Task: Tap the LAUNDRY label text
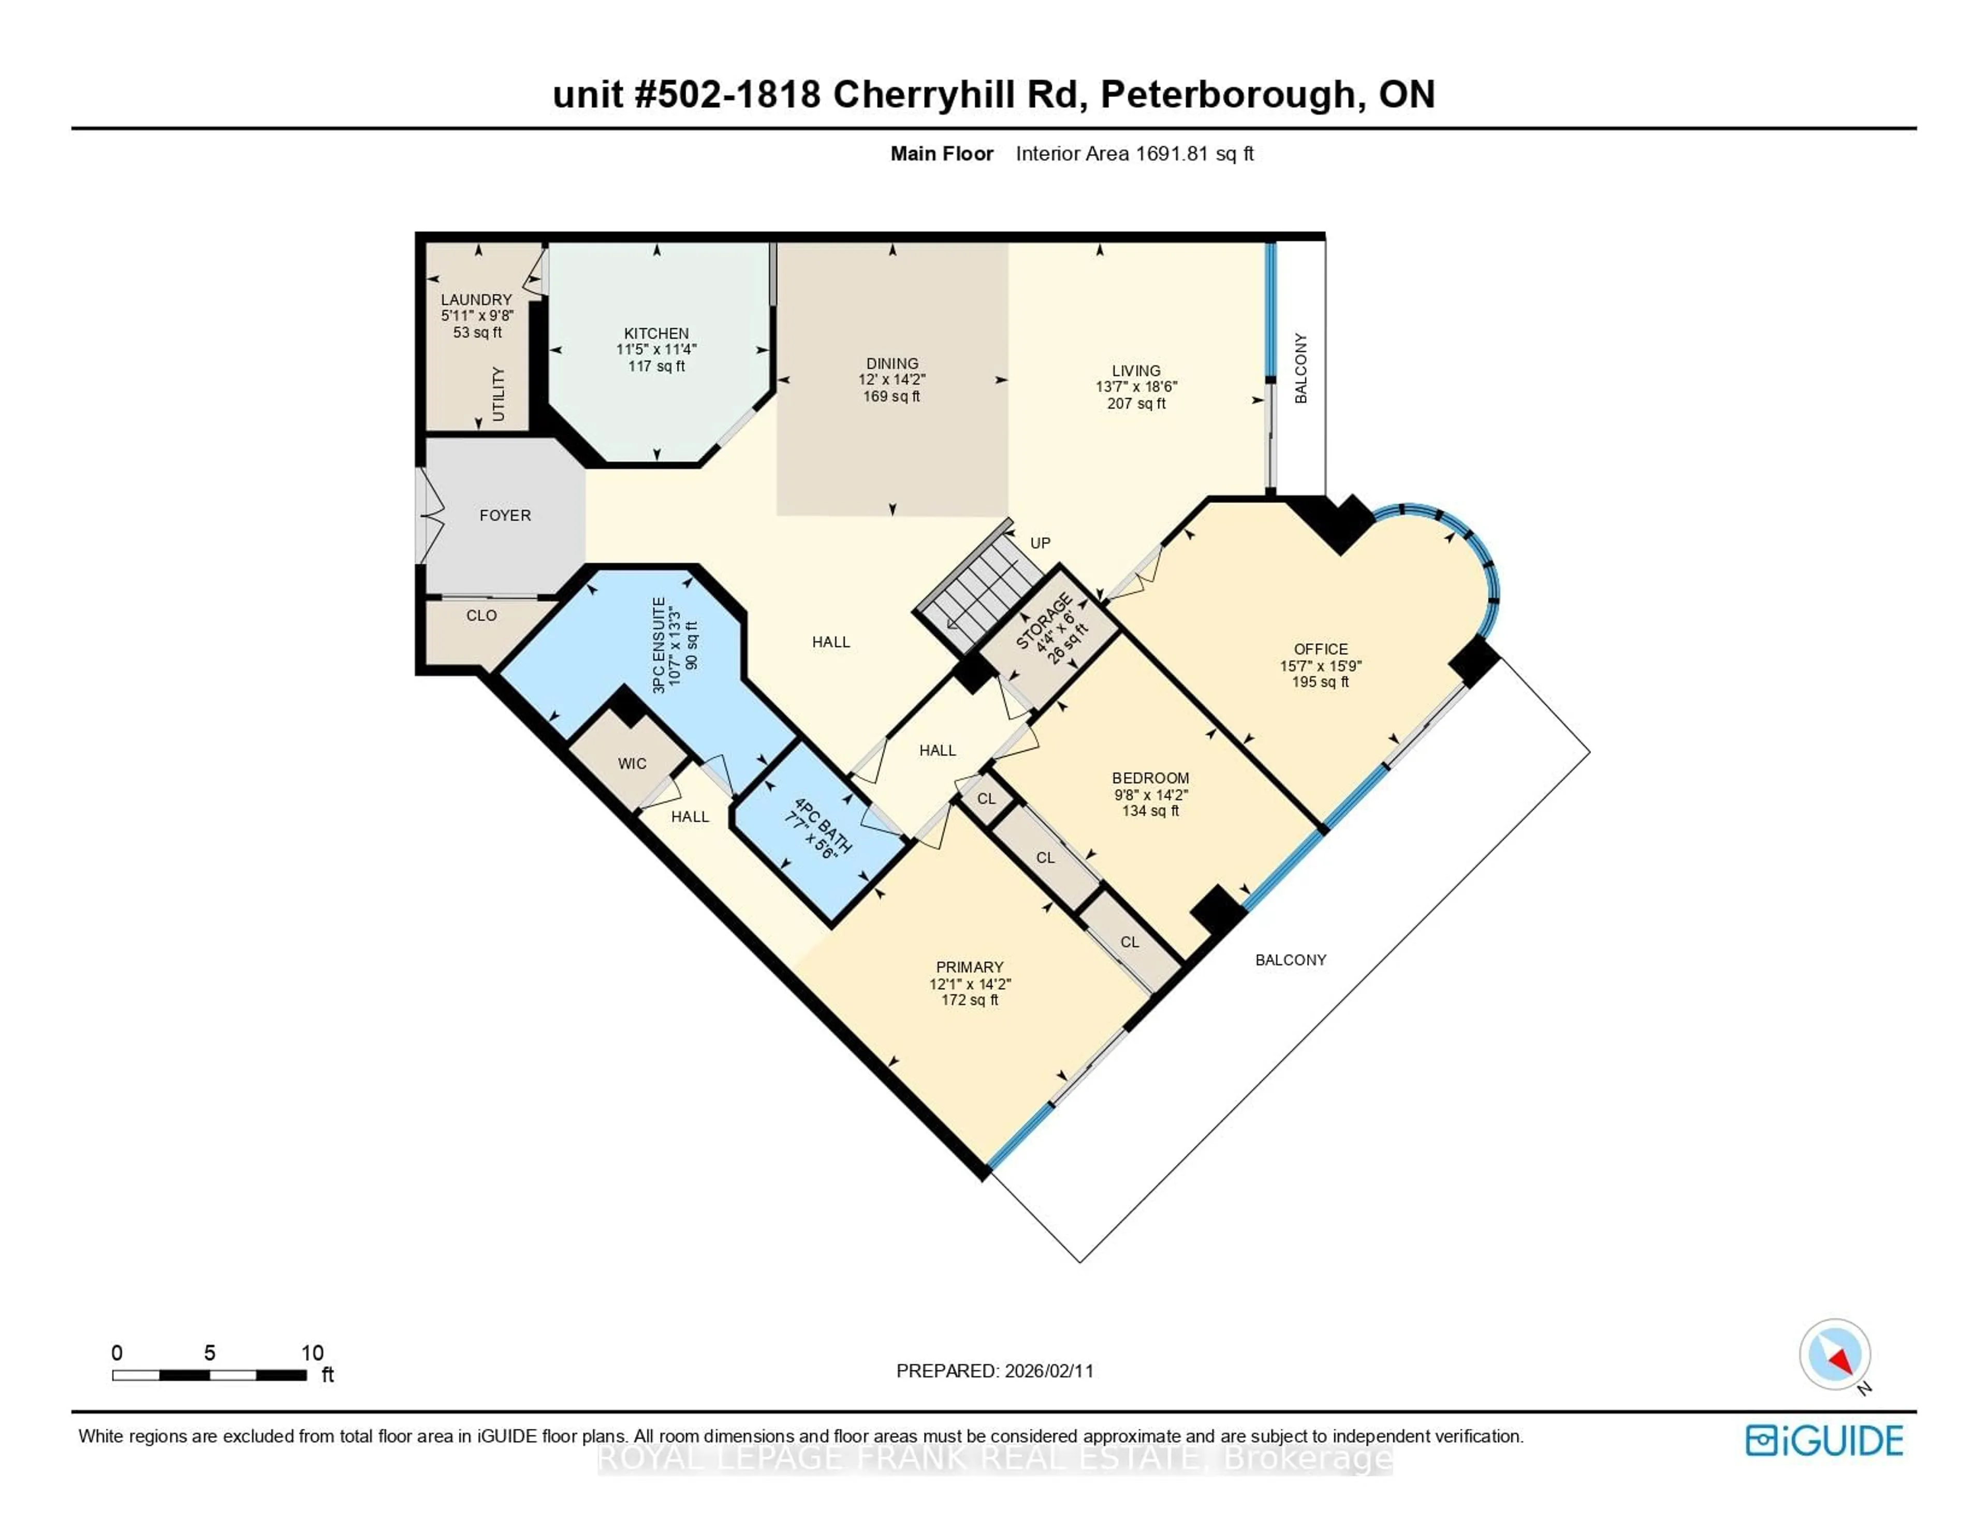pos(476,300)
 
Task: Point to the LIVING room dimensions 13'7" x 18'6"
pos(1135,387)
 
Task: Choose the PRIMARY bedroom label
pos(970,967)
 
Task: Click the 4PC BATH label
pos(823,827)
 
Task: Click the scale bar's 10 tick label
pos(312,1353)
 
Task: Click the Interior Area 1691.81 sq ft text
pos(1134,154)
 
